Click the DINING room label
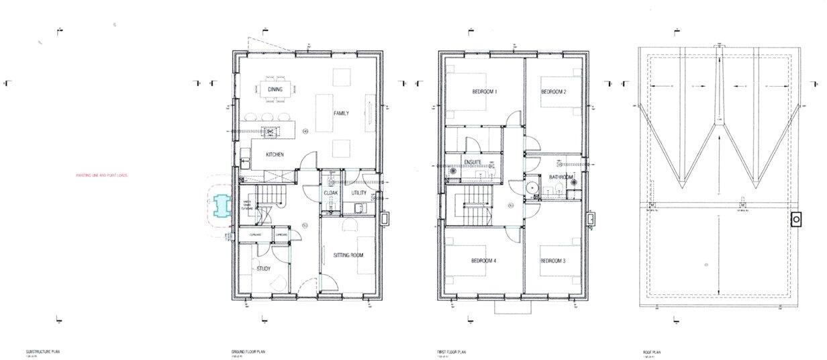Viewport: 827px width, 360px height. (x=275, y=89)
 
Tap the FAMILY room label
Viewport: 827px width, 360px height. (x=342, y=114)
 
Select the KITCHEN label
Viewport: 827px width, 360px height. (x=275, y=154)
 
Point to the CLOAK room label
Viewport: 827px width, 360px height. (x=331, y=193)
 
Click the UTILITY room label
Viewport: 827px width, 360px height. (x=359, y=193)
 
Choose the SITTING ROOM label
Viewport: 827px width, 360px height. (x=348, y=255)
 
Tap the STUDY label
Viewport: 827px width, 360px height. (x=264, y=269)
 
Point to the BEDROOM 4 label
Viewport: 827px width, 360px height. (x=483, y=261)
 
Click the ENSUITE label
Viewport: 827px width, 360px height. (x=473, y=162)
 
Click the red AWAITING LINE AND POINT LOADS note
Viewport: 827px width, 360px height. (x=102, y=176)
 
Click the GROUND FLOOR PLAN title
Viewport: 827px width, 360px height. (x=249, y=352)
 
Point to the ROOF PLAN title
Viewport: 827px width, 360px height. (x=651, y=352)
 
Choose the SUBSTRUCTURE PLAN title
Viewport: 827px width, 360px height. (x=43, y=352)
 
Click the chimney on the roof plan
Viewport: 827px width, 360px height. (x=797, y=219)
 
